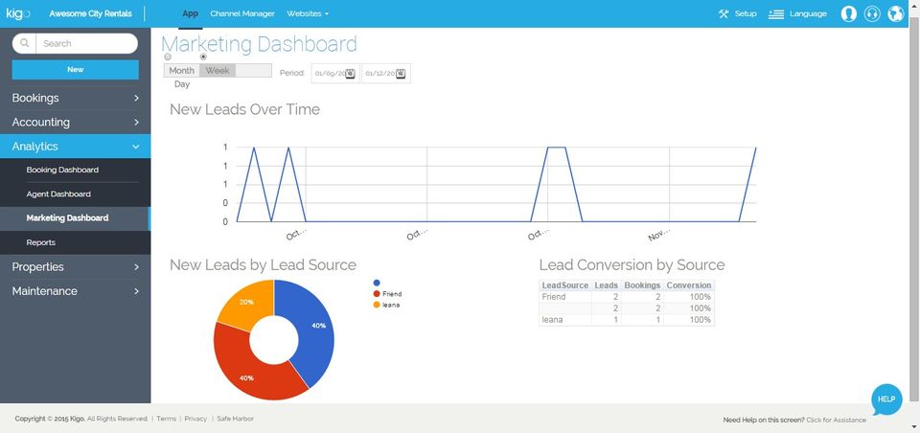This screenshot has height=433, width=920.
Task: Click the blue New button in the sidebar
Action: (75, 69)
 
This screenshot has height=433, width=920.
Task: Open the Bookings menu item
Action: (75, 98)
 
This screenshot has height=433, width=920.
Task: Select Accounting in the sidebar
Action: (75, 123)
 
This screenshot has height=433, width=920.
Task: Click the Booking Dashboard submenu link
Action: (62, 171)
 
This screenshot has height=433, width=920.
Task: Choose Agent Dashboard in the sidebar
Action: (58, 194)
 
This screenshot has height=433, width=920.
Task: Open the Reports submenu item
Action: (41, 243)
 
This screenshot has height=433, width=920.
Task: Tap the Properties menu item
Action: (75, 267)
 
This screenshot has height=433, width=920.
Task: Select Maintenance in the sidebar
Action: (75, 291)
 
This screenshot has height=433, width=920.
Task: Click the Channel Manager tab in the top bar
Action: (242, 14)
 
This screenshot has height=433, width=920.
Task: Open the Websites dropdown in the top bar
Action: (308, 14)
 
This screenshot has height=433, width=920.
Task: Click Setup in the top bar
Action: (737, 14)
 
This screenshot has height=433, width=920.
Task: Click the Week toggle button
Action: (218, 71)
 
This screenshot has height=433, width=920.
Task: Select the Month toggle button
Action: (181, 71)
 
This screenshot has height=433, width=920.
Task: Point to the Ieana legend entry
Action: (390, 305)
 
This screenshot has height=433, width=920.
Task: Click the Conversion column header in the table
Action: (689, 285)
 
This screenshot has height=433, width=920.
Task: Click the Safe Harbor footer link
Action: (235, 419)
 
